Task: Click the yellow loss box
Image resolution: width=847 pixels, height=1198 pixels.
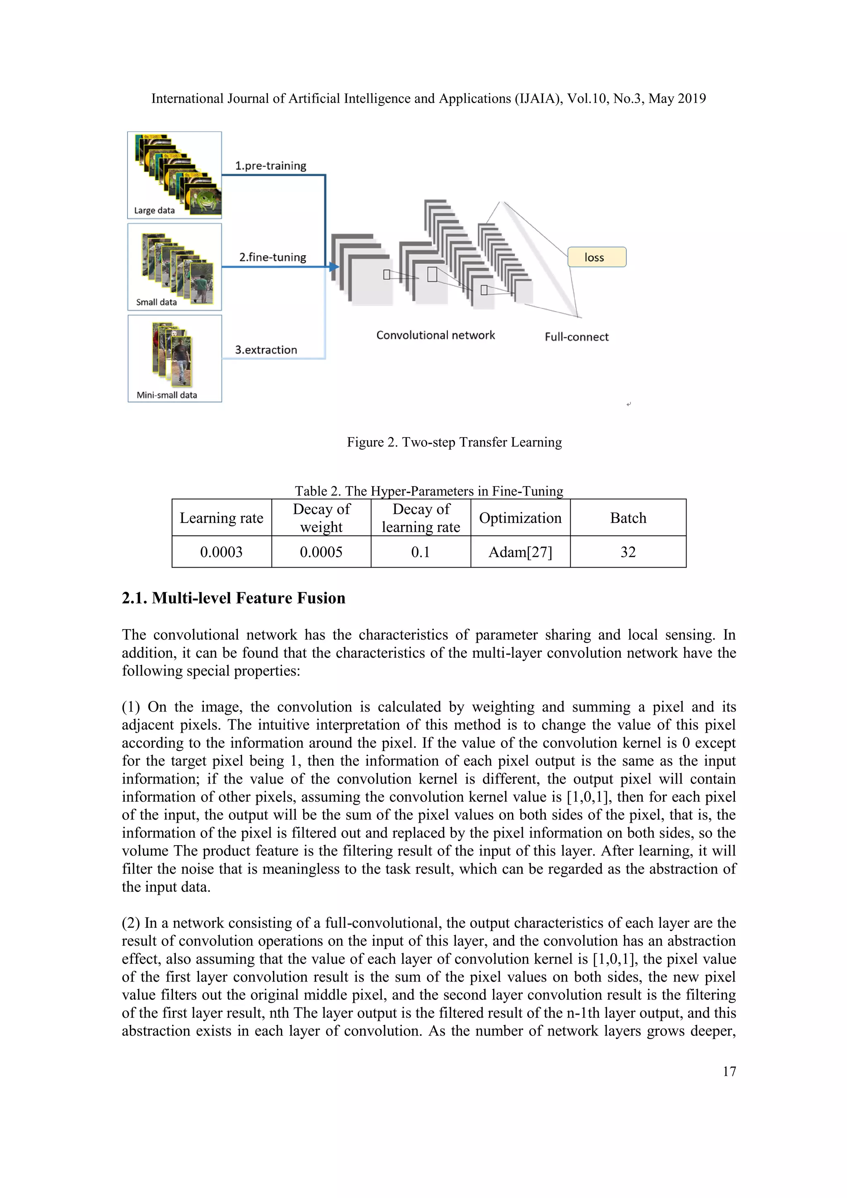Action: point(597,257)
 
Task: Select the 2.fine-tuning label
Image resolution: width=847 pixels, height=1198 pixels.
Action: point(272,257)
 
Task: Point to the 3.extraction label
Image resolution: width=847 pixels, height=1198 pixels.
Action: point(266,350)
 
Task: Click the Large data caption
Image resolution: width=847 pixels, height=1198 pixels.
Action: point(154,210)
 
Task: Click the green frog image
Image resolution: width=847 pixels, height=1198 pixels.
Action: point(204,199)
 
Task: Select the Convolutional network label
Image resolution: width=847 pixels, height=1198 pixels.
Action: point(435,335)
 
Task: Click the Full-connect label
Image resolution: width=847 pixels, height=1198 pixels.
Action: point(576,337)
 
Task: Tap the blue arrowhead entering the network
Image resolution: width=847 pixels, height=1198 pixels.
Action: point(334,267)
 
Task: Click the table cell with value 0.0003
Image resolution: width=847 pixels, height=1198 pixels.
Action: point(221,552)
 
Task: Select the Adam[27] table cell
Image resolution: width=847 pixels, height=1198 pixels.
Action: point(520,552)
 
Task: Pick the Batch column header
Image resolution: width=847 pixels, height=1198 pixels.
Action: point(628,518)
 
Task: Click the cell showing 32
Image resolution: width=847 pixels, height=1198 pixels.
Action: point(628,552)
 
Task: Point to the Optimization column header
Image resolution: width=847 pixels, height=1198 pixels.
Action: point(520,518)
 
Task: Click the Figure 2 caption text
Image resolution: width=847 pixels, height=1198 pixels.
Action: point(454,442)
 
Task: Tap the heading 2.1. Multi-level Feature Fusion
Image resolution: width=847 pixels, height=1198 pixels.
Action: point(233,598)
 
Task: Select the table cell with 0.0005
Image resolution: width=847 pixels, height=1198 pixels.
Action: point(321,552)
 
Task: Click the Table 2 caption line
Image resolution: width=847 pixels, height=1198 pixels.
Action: point(429,491)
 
